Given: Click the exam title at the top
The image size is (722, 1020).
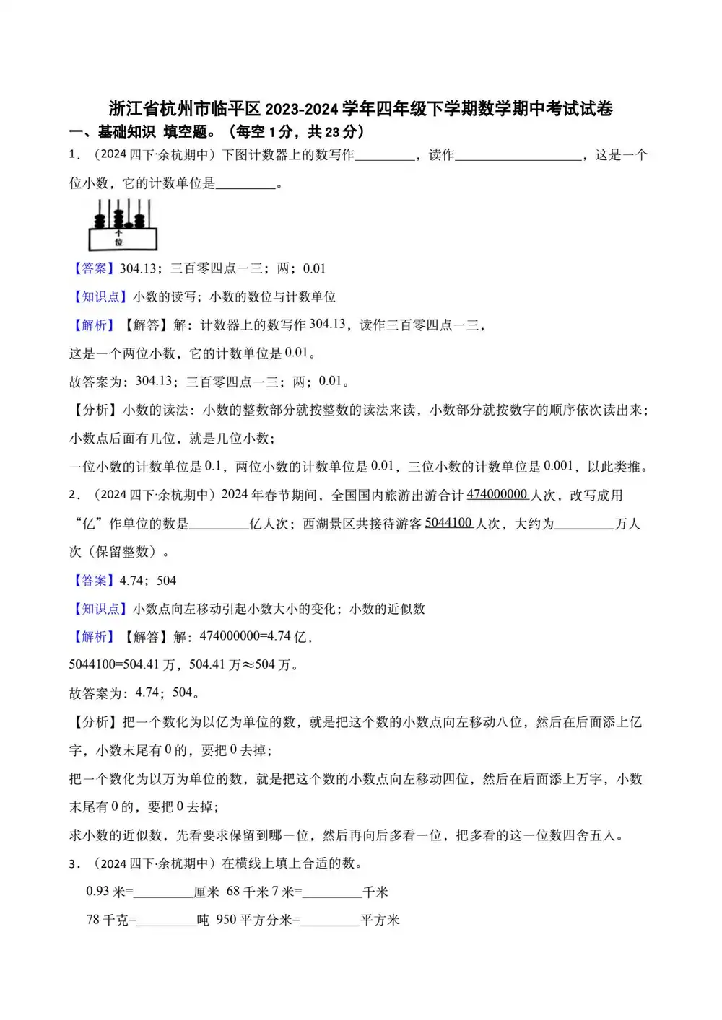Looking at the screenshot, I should coord(360,109).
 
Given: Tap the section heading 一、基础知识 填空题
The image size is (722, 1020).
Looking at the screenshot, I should coord(217,132).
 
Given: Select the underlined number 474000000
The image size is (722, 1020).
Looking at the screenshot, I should coord(497,495).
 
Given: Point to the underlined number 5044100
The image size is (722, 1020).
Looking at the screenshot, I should coord(448,523).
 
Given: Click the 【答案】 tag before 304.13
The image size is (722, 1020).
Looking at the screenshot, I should coord(93,268).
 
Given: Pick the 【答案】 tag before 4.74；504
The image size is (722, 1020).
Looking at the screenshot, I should coord(93,581).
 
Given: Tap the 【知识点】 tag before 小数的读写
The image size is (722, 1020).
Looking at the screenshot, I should coord(100,296).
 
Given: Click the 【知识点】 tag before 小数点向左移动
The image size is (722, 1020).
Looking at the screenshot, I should coord(100,609).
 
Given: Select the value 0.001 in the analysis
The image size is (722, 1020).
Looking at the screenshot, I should coord(558,466).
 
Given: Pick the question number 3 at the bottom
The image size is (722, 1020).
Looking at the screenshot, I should coord(73,863).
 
